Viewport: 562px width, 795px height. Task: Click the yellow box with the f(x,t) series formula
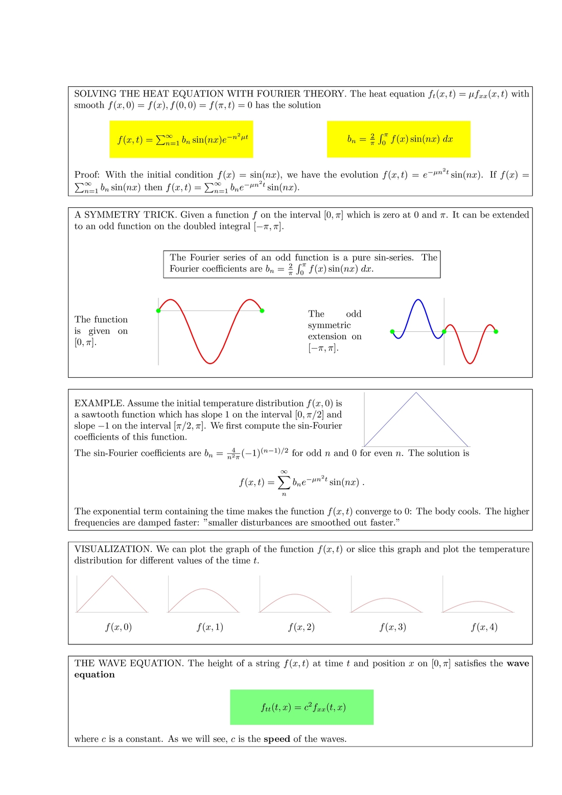point(181,139)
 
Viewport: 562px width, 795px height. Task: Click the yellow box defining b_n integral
point(399,139)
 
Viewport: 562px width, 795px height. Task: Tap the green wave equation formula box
point(301,707)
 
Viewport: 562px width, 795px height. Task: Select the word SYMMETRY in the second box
point(110,215)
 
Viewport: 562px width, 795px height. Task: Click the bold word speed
point(277,739)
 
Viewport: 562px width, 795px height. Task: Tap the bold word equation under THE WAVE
point(95,674)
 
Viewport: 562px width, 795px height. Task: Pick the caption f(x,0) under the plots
point(119,627)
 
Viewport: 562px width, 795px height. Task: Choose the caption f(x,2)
point(301,627)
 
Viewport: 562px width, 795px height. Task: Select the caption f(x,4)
point(484,627)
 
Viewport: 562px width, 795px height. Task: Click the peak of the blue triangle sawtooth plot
point(416,393)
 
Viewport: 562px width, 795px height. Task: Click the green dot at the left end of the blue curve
point(392,332)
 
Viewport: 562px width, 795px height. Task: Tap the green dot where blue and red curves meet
point(444,332)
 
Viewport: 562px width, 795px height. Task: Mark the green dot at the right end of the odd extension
point(496,332)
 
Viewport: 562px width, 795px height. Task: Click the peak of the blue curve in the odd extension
point(418,300)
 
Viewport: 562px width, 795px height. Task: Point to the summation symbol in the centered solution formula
point(284,482)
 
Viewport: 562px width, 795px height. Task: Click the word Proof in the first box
point(86,175)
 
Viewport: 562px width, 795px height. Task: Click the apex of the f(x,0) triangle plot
point(112,576)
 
